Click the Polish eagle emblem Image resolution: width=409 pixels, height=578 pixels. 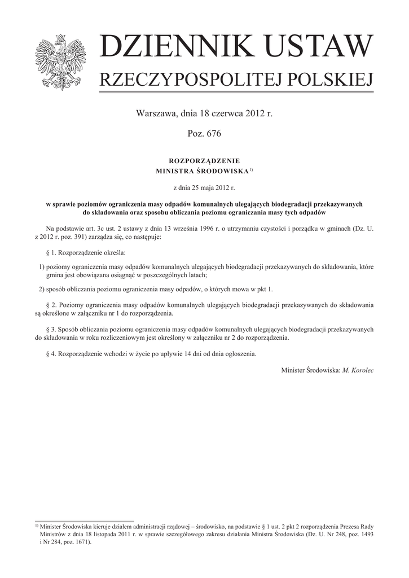(58, 62)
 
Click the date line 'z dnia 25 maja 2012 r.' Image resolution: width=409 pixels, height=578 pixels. (204, 186)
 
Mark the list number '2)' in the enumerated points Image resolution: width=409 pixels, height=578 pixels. (39, 290)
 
